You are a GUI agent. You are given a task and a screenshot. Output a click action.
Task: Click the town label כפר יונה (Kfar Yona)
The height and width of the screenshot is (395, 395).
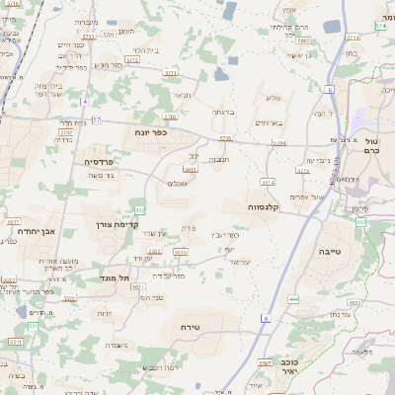point(151,129)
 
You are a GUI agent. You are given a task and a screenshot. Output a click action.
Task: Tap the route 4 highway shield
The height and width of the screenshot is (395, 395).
point(85,102)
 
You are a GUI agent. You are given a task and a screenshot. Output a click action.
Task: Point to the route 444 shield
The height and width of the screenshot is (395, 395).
point(293,297)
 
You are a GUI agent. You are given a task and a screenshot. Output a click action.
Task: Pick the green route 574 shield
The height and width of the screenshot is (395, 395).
point(380,26)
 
